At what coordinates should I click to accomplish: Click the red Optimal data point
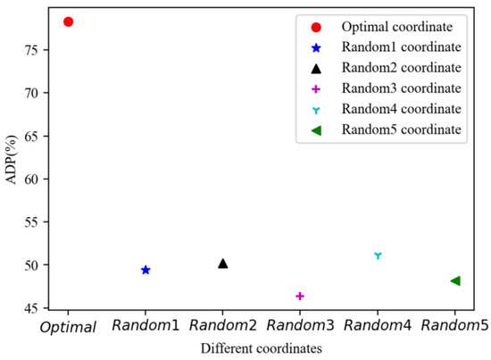(x=69, y=21)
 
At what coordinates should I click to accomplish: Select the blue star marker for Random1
(x=146, y=270)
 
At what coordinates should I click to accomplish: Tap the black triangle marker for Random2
(x=223, y=264)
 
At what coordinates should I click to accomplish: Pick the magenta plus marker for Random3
(x=300, y=296)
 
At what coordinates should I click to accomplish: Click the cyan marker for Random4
(x=378, y=255)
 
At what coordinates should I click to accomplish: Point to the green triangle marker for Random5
(x=455, y=280)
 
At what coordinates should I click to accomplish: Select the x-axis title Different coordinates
(x=262, y=348)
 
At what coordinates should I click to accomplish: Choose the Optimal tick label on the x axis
(x=68, y=328)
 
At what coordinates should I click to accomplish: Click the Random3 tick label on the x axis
(x=300, y=328)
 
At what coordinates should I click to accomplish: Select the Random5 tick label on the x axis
(x=455, y=328)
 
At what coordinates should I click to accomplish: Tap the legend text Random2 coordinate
(x=408, y=68)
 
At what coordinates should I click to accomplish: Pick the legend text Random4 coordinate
(x=408, y=109)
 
